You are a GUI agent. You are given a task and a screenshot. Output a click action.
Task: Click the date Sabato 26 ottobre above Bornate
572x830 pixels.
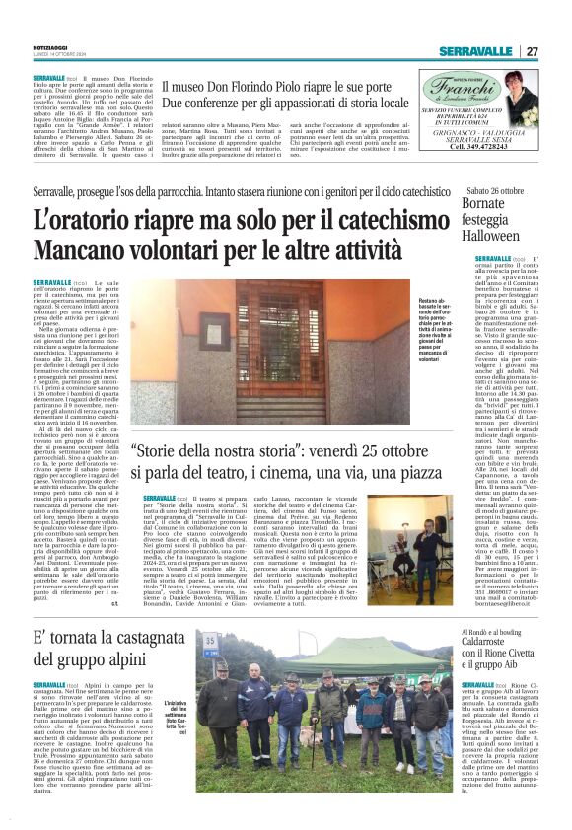coord(494,189)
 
